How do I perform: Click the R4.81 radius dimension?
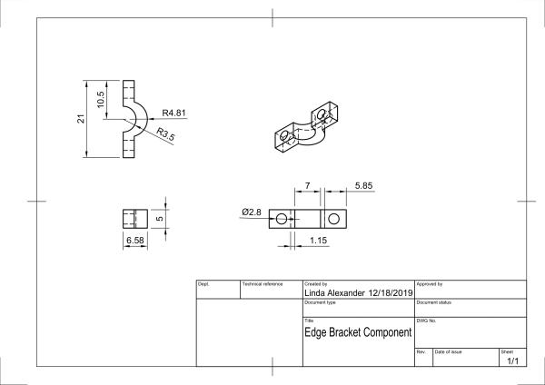174,114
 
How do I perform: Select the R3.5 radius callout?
165,134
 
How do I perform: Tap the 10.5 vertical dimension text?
102,97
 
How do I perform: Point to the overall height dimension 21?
81,118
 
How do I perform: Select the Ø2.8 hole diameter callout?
252,212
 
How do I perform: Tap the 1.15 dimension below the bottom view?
319,241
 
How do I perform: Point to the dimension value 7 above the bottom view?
308,185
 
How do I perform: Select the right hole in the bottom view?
334,219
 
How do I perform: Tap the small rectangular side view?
134,219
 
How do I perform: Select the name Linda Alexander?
333,294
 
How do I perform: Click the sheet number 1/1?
512,360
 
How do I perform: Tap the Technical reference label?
263,284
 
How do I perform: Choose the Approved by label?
429,284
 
